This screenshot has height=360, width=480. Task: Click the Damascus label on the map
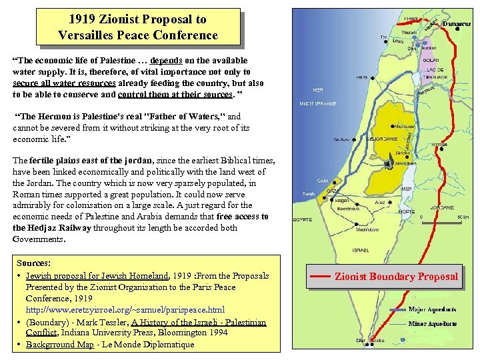coord(457,25)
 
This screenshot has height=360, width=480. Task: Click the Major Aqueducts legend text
coord(432,309)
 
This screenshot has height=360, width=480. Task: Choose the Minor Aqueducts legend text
coord(432,323)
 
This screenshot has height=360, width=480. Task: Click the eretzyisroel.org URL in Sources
coord(125,310)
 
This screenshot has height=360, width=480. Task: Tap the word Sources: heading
coord(33,264)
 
